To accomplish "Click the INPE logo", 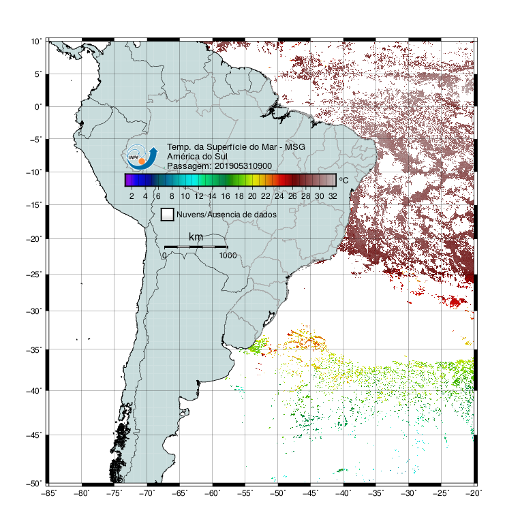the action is tap(142, 157).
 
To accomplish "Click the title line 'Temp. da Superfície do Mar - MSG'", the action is tap(236, 147).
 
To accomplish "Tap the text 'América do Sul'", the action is tap(197, 157).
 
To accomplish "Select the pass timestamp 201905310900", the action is tap(243, 166).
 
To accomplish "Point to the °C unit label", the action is tap(343, 180).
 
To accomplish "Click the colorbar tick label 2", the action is tap(132, 196).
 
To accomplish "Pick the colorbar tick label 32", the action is tap(333, 196).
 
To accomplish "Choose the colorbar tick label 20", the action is tap(252, 196).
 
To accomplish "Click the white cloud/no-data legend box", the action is tap(168, 215).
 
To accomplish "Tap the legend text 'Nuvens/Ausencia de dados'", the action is tap(226, 215).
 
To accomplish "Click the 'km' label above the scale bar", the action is tap(196, 237).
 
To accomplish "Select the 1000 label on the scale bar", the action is tap(228, 255).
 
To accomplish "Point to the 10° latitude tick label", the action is tap(36, 42).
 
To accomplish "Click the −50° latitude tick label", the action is tap(34, 483).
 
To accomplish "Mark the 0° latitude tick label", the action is tap(38, 107).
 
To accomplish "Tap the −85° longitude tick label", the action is tap(49, 493).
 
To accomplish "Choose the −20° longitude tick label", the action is tap(474, 493).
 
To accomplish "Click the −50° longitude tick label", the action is tap(277, 493).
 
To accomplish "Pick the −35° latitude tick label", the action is tap(34, 349).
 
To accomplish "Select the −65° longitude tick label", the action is tap(179, 493).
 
